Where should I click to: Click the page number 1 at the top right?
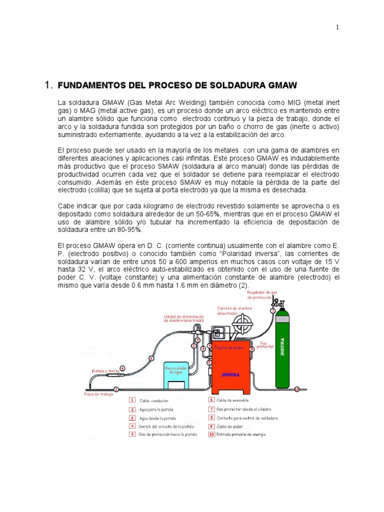[x=337, y=27]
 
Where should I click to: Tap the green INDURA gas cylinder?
[x=283, y=350]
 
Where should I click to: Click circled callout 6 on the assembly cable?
[x=151, y=357]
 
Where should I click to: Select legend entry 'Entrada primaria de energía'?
[x=240, y=434]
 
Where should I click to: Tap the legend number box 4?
[x=132, y=426]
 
